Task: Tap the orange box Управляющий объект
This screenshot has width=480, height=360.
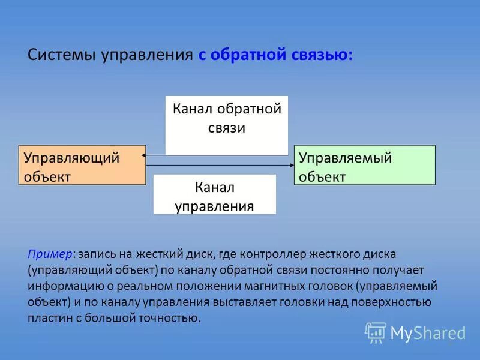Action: [x=82, y=165]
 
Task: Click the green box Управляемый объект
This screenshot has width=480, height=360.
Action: [x=364, y=164]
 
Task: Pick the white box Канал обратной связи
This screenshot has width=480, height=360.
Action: [x=226, y=125]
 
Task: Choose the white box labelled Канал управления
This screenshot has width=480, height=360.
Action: [x=215, y=194]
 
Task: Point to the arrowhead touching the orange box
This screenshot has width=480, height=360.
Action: [x=145, y=155]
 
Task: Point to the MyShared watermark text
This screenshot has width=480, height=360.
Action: [x=428, y=332]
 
